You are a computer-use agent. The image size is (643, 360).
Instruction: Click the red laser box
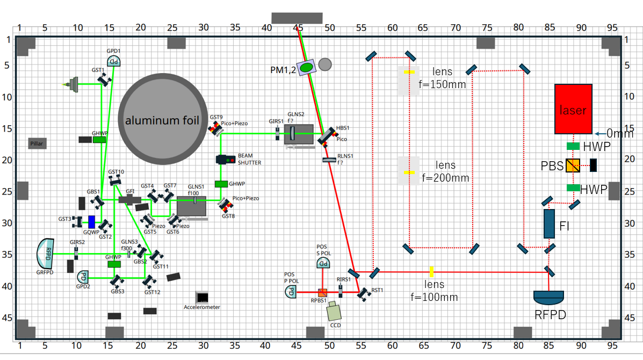tap(573, 109)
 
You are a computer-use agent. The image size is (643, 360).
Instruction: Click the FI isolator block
tap(548, 224)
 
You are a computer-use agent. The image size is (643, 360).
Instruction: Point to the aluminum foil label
tap(162, 120)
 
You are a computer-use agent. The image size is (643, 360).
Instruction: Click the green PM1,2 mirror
tap(306, 67)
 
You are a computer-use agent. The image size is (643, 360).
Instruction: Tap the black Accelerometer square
tap(203, 297)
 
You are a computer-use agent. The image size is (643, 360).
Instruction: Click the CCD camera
tap(335, 311)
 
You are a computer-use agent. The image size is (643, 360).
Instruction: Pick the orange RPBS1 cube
tap(322, 293)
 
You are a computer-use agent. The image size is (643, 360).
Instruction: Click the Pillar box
tap(37, 143)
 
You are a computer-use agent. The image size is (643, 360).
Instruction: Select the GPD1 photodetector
tap(113, 61)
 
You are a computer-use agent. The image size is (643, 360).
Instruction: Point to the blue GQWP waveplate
tap(92, 221)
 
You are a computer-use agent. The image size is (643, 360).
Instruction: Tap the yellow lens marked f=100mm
tap(431, 272)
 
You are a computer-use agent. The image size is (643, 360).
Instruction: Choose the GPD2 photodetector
tap(83, 277)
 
